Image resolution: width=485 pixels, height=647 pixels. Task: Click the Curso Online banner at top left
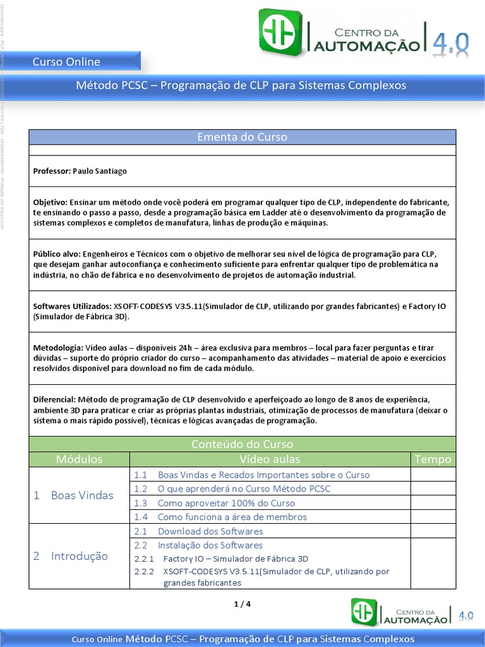coord(66,61)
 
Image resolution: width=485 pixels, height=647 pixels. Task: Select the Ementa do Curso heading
coord(242,137)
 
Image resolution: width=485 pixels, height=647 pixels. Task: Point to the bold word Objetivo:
coord(50,202)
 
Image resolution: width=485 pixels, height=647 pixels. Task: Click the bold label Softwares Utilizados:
coord(71,306)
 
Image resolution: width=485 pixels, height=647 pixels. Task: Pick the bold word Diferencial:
coord(54,400)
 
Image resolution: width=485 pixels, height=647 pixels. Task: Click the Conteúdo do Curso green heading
coord(242,444)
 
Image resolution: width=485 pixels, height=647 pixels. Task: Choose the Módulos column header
coord(79,459)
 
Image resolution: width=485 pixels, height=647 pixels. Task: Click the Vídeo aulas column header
coord(270,459)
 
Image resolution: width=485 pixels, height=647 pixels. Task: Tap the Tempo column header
coord(433,459)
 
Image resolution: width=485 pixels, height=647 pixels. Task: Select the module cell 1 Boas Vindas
coord(74,495)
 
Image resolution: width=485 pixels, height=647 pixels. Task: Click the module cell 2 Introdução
coord(71,556)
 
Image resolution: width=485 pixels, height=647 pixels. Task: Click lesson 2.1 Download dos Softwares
coord(210,531)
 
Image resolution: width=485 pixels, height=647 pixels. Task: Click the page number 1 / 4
coord(242,604)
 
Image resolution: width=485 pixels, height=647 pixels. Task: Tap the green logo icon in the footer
coord(364,612)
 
